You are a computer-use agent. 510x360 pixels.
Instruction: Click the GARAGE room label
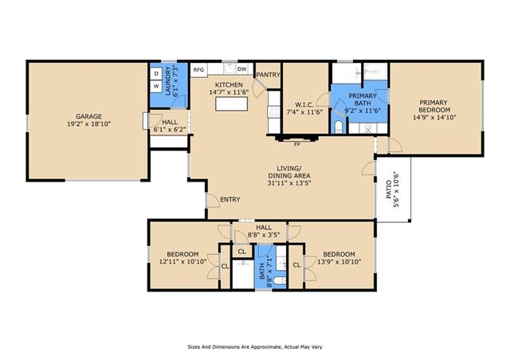pyautogui.click(x=88, y=116)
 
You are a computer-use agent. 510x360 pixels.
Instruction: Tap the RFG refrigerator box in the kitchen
pyautogui.click(x=198, y=70)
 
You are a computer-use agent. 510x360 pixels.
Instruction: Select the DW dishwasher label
pyautogui.click(x=241, y=69)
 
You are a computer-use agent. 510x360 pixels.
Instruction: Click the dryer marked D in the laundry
pyautogui.click(x=156, y=74)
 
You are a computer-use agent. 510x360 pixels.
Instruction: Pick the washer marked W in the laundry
pyautogui.click(x=156, y=87)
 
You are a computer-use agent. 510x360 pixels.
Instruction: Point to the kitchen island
pyautogui.click(x=231, y=104)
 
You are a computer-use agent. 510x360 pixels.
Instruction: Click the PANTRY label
pyautogui.click(x=268, y=75)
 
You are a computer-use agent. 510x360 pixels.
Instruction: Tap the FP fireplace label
pyautogui.click(x=296, y=145)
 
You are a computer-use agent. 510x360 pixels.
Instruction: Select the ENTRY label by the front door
pyautogui.click(x=230, y=200)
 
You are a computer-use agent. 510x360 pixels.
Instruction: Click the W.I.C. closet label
pyautogui.click(x=304, y=104)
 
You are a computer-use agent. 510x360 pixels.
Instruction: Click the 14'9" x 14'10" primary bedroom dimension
pyautogui.click(x=434, y=117)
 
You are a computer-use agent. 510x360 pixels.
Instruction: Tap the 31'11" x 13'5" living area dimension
pyautogui.click(x=289, y=182)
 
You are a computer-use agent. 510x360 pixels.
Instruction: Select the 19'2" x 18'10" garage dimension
pyautogui.click(x=88, y=124)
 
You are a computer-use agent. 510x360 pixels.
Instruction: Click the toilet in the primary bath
pyautogui.click(x=339, y=127)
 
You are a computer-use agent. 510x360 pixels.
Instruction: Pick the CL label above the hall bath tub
pyautogui.click(x=241, y=252)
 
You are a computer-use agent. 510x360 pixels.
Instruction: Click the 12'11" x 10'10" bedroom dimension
pyautogui.click(x=182, y=261)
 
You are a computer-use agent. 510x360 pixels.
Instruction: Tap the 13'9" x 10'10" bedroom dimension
pyautogui.click(x=339, y=261)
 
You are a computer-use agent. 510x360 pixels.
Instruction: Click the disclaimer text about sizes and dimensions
pyautogui.click(x=255, y=347)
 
